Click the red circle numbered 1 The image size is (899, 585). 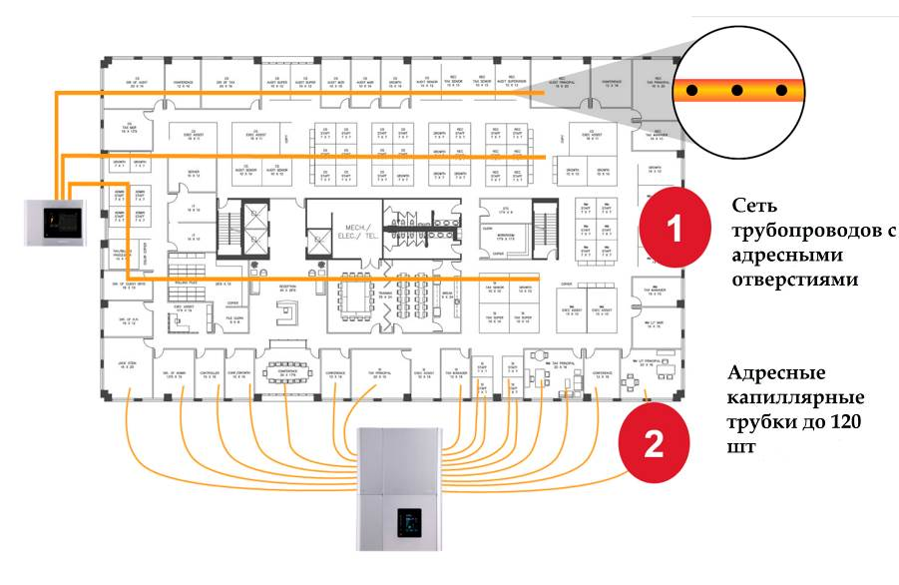(x=674, y=228)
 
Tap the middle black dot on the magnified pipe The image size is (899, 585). (x=737, y=90)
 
